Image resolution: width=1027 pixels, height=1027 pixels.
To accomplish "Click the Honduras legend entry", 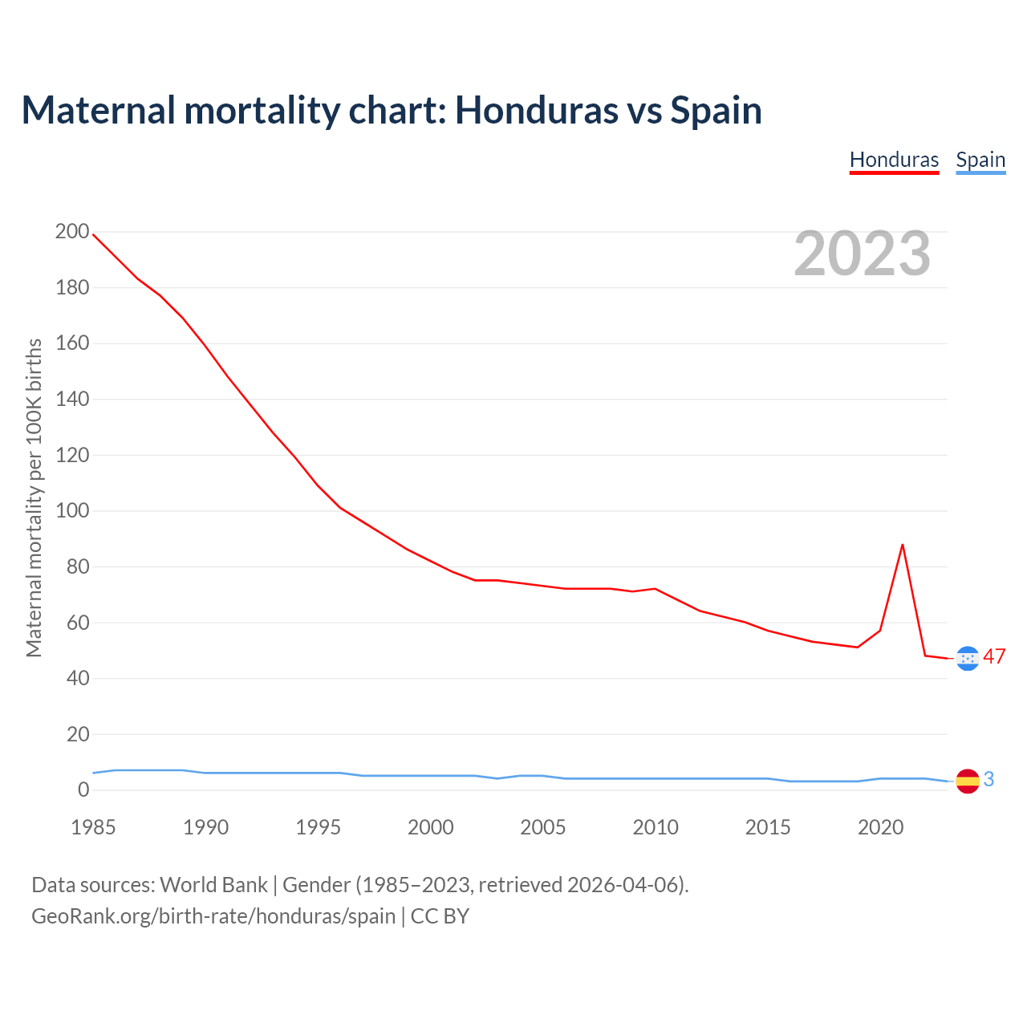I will [x=894, y=160].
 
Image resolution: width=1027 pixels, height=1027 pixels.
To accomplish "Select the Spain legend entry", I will [x=980, y=160].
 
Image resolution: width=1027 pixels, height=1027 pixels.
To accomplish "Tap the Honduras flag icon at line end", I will [x=968, y=658].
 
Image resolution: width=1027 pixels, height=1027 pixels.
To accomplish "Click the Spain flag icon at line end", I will [x=968, y=781].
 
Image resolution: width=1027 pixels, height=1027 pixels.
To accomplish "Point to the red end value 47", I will [x=994, y=656].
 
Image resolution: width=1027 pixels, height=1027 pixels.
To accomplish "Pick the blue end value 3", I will [x=988, y=779].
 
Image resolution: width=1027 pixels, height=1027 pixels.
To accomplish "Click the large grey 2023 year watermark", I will [x=862, y=254].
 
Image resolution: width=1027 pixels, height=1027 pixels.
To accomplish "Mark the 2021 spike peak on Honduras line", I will [x=903, y=545].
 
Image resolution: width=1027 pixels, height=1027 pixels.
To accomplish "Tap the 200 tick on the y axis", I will [x=72, y=232].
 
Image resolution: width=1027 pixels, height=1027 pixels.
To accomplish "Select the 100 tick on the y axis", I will [x=72, y=511].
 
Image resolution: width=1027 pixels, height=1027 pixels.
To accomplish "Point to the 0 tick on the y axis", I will [x=83, y=790].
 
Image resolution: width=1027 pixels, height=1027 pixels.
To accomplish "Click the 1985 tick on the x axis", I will [x=93, y=827].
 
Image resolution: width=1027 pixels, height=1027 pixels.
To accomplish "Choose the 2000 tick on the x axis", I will [x=431, y=827].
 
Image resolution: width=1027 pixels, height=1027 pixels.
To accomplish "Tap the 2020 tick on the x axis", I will [x=881, y=827].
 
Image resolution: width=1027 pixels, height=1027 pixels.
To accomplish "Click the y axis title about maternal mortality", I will [x=34, y=497].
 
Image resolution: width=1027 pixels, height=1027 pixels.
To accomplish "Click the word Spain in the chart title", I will [x=716, y=111].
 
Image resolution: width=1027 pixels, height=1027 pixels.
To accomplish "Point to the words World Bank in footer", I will [x=213, y=885].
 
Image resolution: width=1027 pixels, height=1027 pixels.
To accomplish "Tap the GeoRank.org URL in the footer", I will [x=213, y=916].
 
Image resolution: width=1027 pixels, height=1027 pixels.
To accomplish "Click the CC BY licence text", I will [x=440, y=916].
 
